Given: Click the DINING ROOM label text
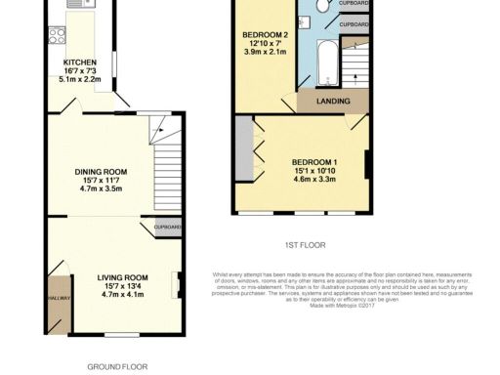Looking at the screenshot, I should (x=102, y=172).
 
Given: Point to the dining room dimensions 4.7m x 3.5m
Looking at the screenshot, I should (x=102, y=189).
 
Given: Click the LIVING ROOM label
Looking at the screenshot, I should (x=108, y=277).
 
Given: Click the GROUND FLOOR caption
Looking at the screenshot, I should (x=117, y=367).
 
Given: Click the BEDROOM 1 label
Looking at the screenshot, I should (x=314, y=161).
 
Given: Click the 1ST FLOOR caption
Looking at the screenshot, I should (x=306, y=245).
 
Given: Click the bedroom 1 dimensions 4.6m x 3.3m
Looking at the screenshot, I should (x=314, y=179).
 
